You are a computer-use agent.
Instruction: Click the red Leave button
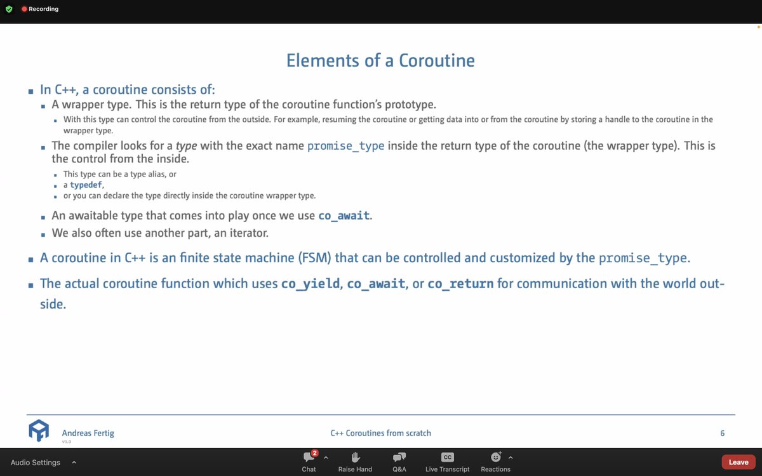(x=738, y=462)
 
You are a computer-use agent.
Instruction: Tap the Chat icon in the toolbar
(x=309, y=458)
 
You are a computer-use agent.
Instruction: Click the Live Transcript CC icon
(x=447, y=458)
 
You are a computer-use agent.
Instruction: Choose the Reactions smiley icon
(x=495, y=458)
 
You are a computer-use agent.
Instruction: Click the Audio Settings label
(x=36, y=463)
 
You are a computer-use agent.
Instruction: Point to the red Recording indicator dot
(x=24, y=10)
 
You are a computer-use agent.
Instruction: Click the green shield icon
(x=8, y=10)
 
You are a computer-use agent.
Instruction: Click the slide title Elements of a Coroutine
(x=380, y=60)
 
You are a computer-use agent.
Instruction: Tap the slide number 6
(x=723, y=433)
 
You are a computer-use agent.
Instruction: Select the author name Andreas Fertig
(x=88, y=433)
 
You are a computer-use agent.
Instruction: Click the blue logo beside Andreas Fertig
(x=38, y=430)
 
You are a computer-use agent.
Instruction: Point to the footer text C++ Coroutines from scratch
(x=380, y=433)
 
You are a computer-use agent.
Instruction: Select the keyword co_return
(x=460, y=284)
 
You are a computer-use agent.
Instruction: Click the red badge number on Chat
(x=315, y=453)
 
